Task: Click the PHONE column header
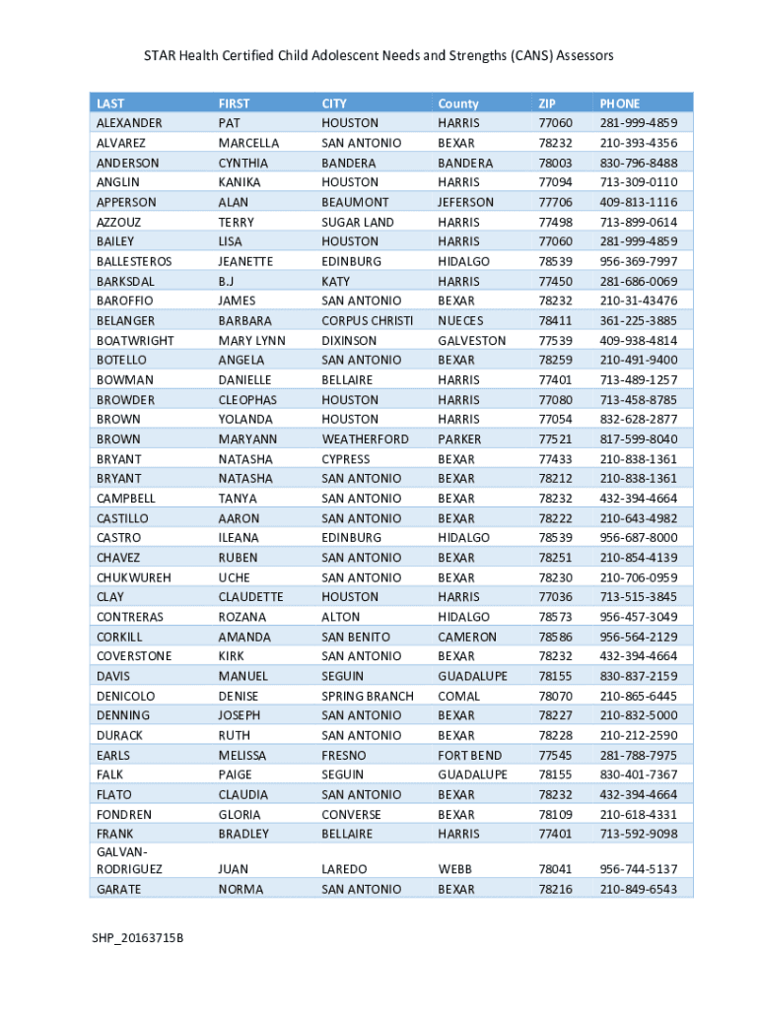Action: coord(619,103)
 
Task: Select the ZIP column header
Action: coord(547,103)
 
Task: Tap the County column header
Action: coord(458,103)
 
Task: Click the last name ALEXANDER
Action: coord(129,123)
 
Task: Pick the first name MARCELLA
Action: coord(248,143)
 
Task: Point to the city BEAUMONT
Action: coord(355,202)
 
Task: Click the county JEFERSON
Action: coord(466,202)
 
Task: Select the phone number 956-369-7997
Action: coord(639,261)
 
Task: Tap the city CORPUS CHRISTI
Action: coord(368,320)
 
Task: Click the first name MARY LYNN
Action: coord(251,340)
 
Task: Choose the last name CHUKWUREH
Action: coord(133,577)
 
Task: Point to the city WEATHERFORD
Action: coord(365,438)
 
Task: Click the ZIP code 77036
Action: coord(555,597)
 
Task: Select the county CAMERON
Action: coord(467,637)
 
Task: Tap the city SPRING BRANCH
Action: coord(368,696)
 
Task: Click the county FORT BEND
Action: coord(470,755)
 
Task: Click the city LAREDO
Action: coord(344,869)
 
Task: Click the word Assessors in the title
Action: coord(584,56)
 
